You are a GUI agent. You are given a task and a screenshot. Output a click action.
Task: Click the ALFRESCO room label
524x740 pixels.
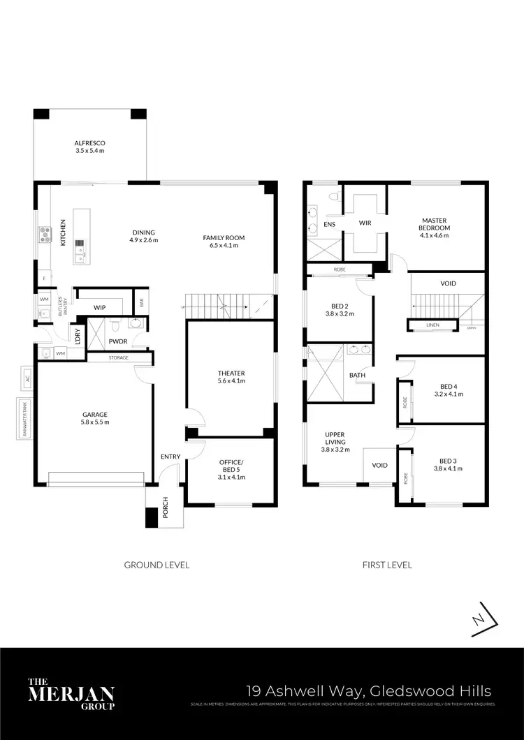[89, 147]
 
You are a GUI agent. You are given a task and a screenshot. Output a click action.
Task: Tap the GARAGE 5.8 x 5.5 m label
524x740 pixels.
[95, 418]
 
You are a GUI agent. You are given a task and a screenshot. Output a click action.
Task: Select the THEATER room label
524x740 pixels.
[231, 377]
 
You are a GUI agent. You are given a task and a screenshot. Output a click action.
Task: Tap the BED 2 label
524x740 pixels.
[340, 309]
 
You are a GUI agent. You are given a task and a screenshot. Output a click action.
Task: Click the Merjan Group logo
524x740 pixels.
[70, 694]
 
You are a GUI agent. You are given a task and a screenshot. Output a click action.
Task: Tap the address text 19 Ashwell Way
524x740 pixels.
[368, 691]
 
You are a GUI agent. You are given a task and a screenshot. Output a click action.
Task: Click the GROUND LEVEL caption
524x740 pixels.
[157, 564]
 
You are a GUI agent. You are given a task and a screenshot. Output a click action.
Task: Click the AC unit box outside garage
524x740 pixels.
[27, 378]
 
